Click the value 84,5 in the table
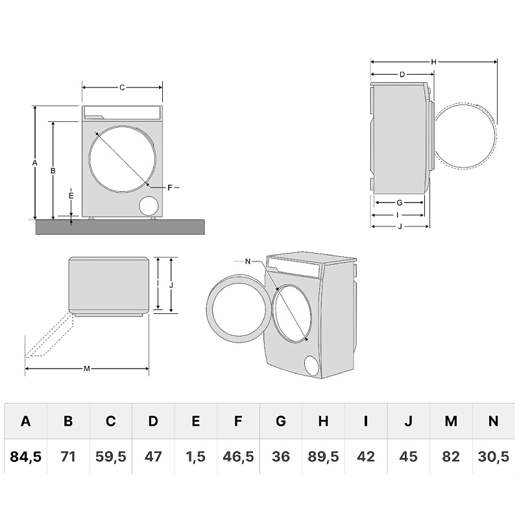tap(26, 457)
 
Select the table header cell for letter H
tap(323, 421)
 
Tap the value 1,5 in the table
tap(195, 457)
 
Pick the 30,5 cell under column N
tap(493, 457)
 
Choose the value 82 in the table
tap(451, 457)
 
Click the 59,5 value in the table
tap(110, 457)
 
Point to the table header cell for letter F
tap(238, 421)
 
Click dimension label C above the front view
tap(122, 86)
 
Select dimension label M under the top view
tap(87, 368)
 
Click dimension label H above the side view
tap(433, 62)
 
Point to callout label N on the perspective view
tap(247, 261)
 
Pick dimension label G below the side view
tap(400, 202)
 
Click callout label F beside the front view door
tap(169, 187)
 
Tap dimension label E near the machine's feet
tap(71, 195)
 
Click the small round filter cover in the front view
tap(149, 206)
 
